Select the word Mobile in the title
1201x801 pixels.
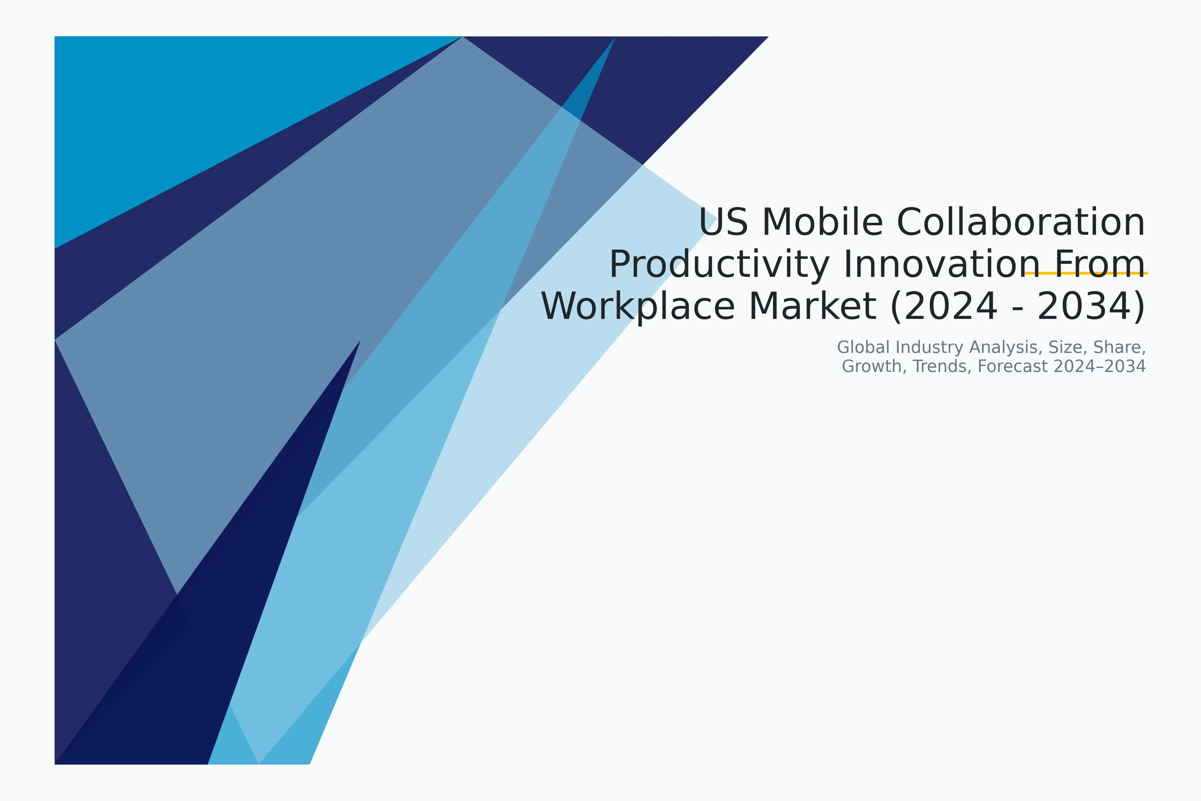822,223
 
